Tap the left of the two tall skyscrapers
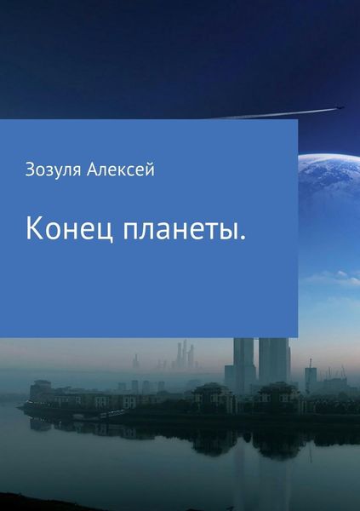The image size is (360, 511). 244,362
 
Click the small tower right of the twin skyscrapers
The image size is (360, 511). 311,378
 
